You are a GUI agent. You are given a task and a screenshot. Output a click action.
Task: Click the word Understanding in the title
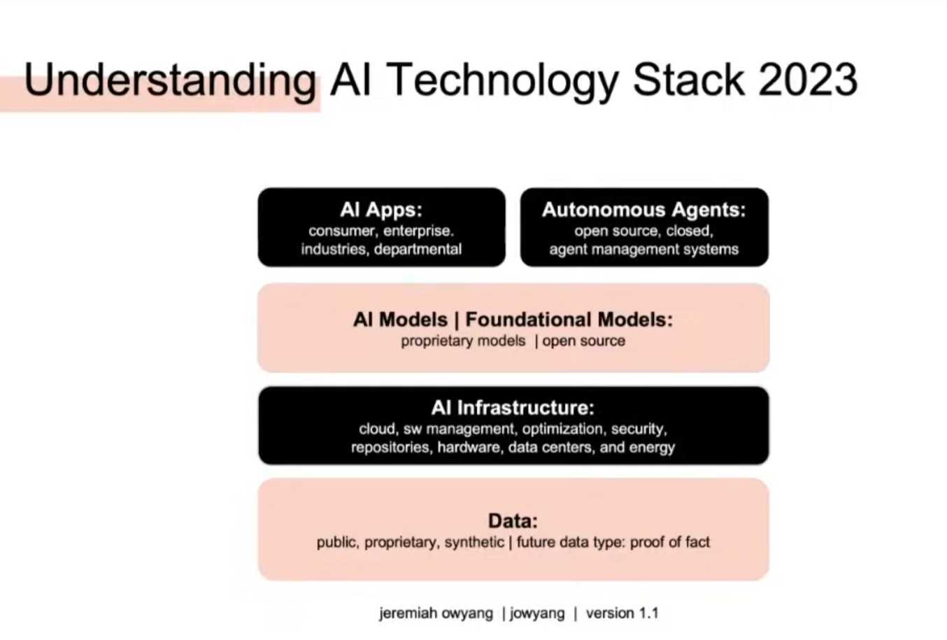pos(170,80)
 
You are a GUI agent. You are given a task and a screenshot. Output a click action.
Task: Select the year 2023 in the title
pos(807,80)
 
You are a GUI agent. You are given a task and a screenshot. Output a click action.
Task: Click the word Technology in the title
pos(502,80)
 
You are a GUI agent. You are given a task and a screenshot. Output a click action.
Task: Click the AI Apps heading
pos(381,210)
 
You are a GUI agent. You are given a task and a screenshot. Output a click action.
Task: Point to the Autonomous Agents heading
pos(643,210)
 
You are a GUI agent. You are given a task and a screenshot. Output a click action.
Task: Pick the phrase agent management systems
pos(643,250)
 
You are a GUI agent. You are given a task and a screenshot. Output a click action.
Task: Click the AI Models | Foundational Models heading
pos(513,320)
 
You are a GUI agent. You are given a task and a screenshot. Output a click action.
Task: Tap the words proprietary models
pos(463,341)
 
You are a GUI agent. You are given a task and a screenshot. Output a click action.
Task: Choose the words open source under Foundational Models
pos(584,341)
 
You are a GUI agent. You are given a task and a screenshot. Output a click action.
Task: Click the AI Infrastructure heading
pos(513,408)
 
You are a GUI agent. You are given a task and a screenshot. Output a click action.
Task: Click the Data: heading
pos(513,521)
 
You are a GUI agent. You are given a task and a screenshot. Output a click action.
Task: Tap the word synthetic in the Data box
pos(474,543)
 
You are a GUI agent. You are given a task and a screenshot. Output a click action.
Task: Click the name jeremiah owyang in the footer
pos(436,613)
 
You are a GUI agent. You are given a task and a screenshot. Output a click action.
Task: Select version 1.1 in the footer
pos(622,613)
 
